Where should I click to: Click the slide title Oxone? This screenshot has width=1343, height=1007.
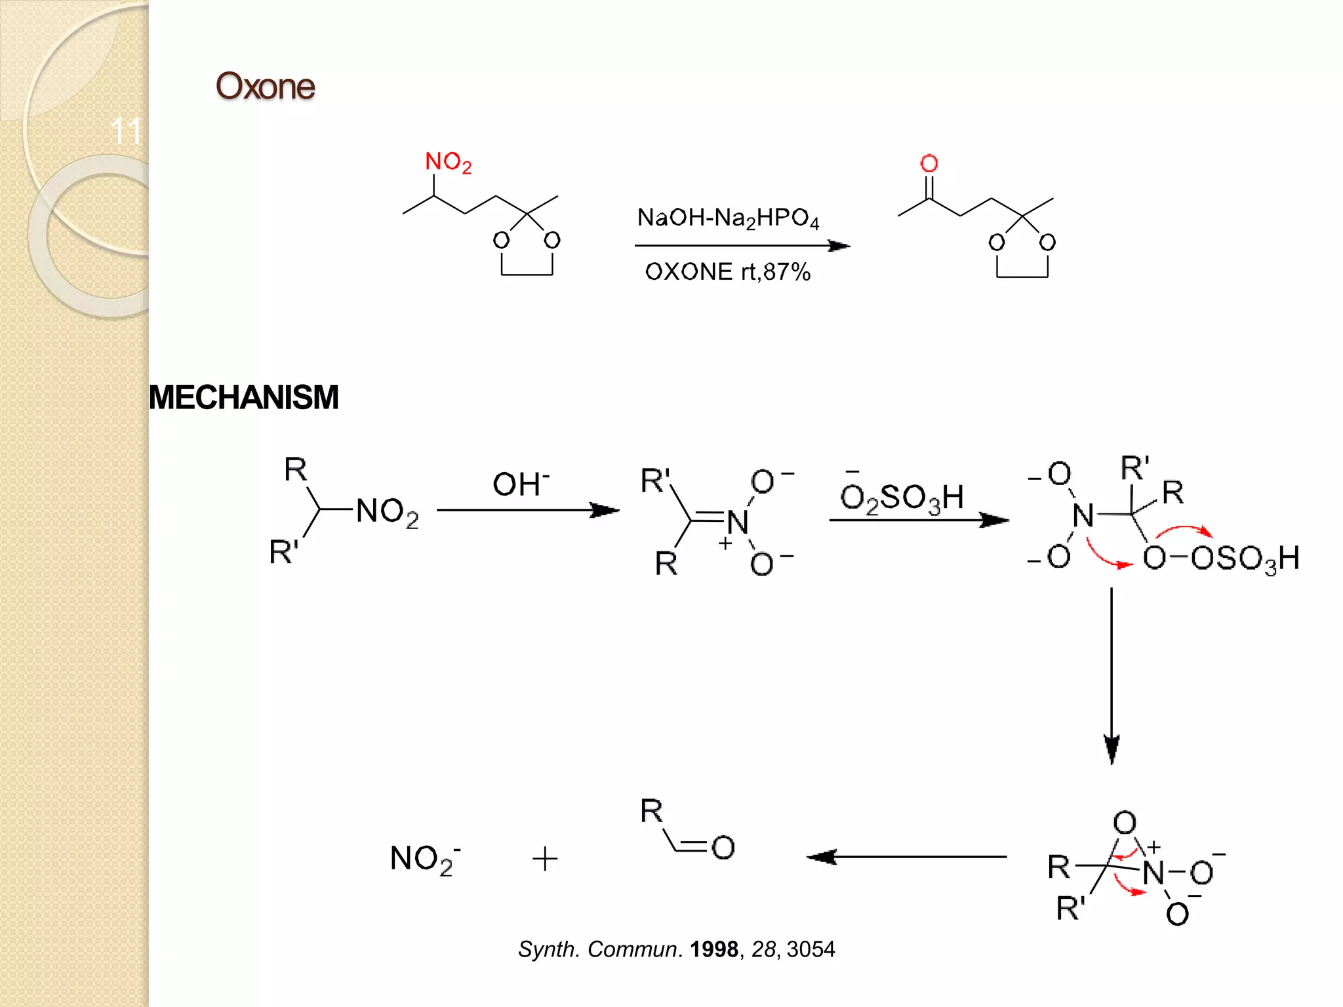click(x=265, y=87)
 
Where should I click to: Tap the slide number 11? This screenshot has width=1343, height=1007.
click(x=126, y=131)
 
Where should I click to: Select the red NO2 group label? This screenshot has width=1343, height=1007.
click(x=448, y=162)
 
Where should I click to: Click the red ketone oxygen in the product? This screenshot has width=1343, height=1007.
click(x=929, y=163)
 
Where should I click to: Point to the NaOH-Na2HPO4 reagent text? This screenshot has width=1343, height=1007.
click(x=728, y=218)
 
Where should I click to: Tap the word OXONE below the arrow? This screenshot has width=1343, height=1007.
click(x=689, y=271)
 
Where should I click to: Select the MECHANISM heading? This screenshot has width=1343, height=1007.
click(x=243, y=397)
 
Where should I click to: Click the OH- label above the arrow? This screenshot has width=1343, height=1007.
click(x=521, y=484)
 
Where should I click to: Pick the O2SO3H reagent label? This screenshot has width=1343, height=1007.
click(x=902, y=497)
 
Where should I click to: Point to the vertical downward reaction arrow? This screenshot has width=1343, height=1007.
click(x=1112, y=675)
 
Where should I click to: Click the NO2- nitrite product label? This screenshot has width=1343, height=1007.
click(x=424, y=859)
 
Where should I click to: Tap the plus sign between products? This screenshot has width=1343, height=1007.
click(x=545, y=859)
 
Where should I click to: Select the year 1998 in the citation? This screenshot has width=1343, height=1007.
click(x=713, y=949)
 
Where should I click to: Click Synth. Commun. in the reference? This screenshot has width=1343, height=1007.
click(x=597, y=949)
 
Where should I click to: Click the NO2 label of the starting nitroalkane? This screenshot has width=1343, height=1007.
click(x=387, y=511)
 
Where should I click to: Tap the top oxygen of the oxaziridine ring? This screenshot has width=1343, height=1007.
click(x=1125, y=822)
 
